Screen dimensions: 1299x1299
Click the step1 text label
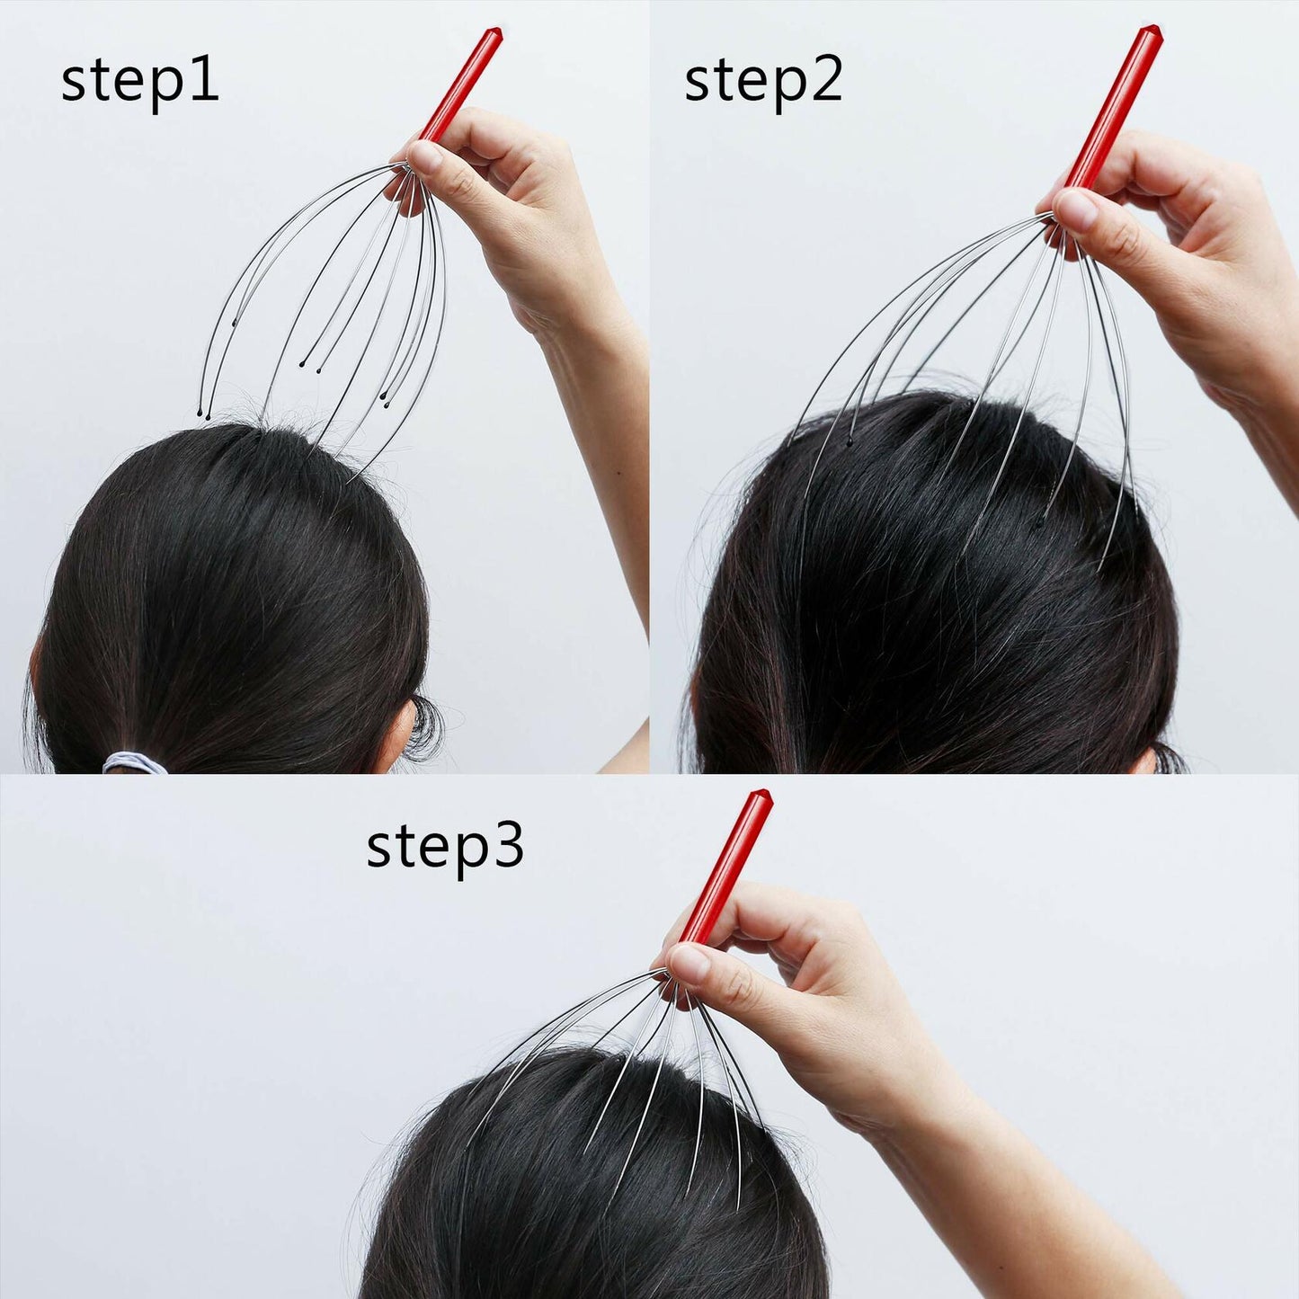pyautogui.click(x=140, y=83)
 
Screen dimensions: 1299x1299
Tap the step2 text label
pyautogui.click(x=763, y=83)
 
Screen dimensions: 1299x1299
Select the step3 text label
pyautogui.click(x=445, y=847)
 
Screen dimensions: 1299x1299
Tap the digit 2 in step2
pyautogui.click(x=825, y=81)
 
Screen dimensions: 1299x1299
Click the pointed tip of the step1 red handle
pyautogui.click(x=492, y=33)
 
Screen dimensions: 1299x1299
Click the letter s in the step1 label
pyautogui.click(x=75, y=86)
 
